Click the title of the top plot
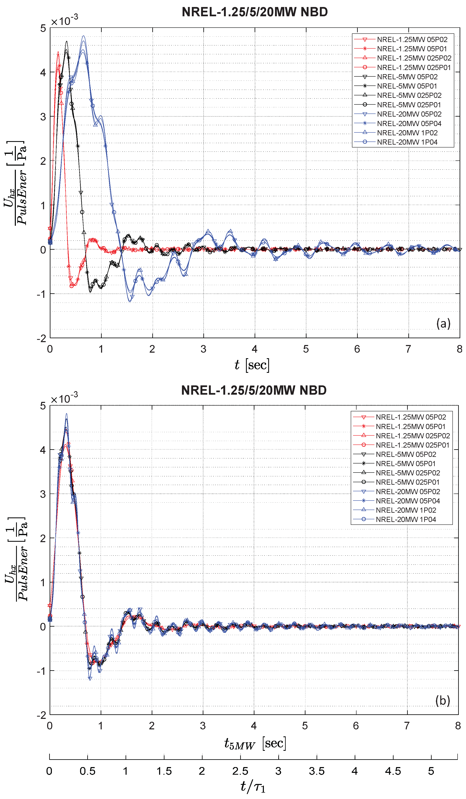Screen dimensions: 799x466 (254, 12)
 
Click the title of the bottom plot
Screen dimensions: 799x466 (254, 390)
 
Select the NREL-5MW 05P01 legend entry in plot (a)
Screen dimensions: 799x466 (407, 86)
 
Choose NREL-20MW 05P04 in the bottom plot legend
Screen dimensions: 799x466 (408, 501)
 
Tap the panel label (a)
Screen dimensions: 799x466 (443, 323)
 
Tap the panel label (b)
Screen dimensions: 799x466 (442, 700)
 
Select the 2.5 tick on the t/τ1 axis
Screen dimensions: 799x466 (240, 771)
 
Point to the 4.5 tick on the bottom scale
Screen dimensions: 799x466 (393, 771)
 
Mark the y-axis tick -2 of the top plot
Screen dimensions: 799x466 (42, 338)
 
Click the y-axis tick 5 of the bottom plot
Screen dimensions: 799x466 (43, 406)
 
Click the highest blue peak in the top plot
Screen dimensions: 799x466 (83, 36)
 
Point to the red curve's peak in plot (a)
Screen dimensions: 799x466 (58, 52)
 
